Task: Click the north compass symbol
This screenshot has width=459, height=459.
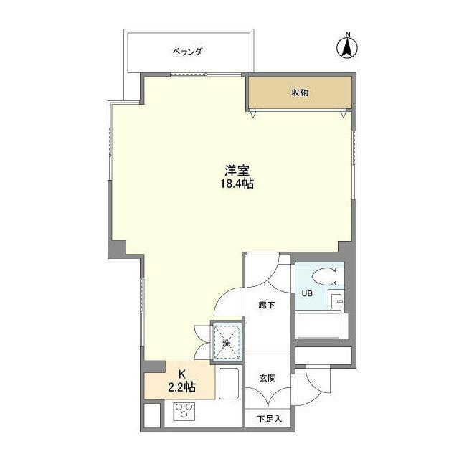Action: point(347,48)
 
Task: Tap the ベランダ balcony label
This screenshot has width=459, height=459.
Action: point(187,52)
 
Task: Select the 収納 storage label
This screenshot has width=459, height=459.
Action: point(300,93)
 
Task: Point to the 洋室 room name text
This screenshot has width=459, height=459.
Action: point(237,171)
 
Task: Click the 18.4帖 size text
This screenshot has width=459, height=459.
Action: point(237,184)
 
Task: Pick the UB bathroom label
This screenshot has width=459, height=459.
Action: point(307,293)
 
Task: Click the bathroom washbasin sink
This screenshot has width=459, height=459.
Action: point(336,299)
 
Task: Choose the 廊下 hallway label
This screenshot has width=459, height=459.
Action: point(267,306)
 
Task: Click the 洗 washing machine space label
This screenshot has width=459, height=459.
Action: point(227,343)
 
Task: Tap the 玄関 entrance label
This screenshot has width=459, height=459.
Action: point(268,378)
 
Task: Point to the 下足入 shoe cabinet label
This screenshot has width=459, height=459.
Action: point(270,419)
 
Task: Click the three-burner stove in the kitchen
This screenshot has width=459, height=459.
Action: point(184,411)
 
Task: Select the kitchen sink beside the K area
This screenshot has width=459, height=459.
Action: point(229,383)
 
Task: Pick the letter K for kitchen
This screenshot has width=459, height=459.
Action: point(181,374)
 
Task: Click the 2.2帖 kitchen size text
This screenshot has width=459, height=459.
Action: point(181,387)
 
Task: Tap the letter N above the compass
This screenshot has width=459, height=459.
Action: point(348,34)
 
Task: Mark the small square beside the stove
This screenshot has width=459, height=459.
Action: point(152,415)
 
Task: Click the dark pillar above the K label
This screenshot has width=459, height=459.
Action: point(155,366)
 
